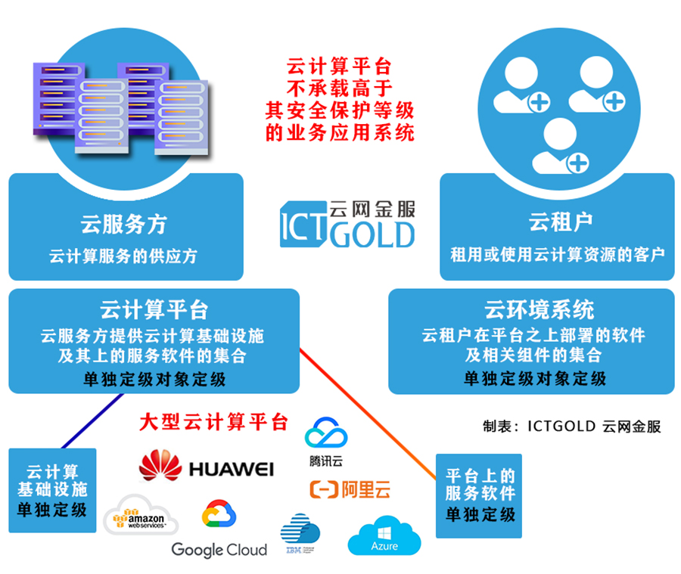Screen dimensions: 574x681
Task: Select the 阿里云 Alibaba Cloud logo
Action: [350, 489]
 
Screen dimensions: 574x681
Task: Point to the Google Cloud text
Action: [219, 549]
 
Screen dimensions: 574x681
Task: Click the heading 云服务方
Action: [124, 223]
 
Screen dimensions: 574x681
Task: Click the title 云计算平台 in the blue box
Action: [154, 310]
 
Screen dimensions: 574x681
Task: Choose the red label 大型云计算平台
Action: [214, 421]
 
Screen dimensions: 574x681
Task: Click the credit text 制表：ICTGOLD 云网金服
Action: [571, 427]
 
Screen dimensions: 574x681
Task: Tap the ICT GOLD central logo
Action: [347, 225]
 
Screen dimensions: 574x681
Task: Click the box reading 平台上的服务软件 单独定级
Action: [480, 495]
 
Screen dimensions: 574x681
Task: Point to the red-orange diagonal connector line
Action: [371, 412]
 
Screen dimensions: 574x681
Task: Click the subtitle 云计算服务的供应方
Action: [123, 256]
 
